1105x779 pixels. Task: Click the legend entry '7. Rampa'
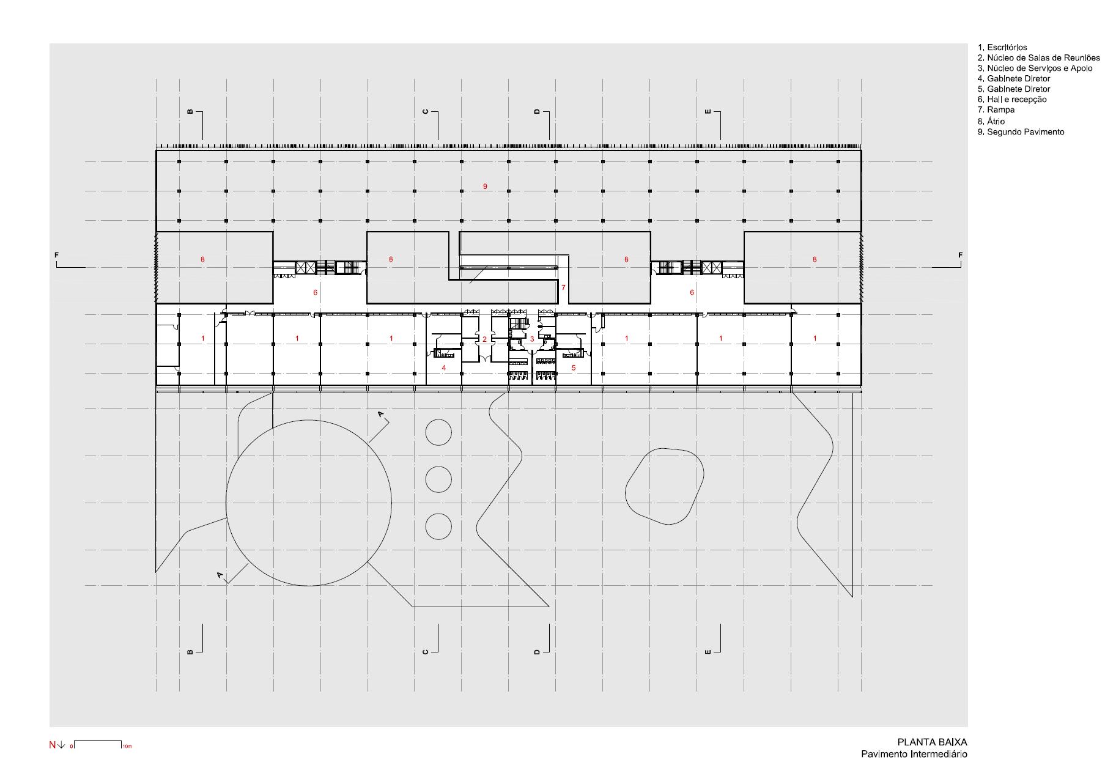pos(996,110)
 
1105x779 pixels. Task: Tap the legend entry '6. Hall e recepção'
pos(1012,99)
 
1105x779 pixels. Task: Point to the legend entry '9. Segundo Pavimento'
pos(1021,131)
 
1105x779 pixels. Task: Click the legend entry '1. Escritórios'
pos(1002,47)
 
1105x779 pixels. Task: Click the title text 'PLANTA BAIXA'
pos(933,743)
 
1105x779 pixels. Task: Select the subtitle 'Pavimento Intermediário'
pos(914,754)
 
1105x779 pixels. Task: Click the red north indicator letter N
pos(53,745)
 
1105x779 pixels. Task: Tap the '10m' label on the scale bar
pos(127,747)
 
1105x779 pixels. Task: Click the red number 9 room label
pos(485,186)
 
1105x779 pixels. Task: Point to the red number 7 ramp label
pos(563,287)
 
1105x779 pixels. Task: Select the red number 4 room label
pos(444,368)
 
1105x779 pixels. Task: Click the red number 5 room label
pos(574,368)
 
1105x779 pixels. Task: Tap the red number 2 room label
pos(484,339)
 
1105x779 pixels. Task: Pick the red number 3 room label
pos(532,339)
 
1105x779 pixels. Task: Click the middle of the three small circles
pos(438,479)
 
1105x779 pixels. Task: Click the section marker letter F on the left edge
pos(57,255)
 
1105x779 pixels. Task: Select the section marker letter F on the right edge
pos(960,255)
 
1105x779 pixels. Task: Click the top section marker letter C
pos(426,112)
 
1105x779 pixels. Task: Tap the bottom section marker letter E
pos(708,652)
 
